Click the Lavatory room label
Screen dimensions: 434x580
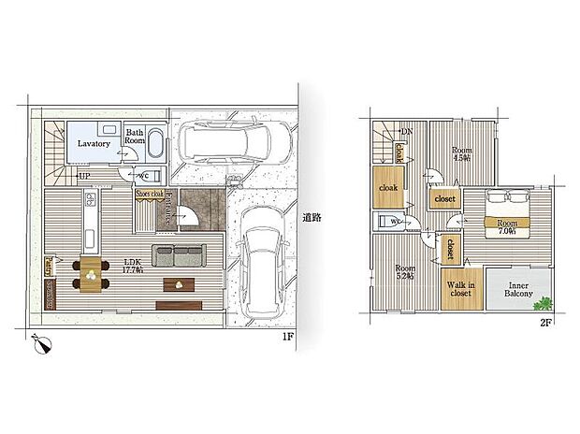(x=95, y=144)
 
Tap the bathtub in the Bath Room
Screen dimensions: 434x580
(x=155, y=146)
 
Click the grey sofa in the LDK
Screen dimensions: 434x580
(x=178, y=254)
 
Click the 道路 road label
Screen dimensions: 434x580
(x=312, y=218)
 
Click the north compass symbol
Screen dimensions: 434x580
(x=41, y=344)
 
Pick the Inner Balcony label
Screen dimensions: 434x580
(x=520, y=290)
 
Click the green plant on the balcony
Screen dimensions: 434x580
(x=544, y=301)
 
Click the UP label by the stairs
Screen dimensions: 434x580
(x=84, y=176)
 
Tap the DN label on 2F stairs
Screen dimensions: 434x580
(x=405, y=131)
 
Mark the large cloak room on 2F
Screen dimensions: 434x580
(x=389, y=186)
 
